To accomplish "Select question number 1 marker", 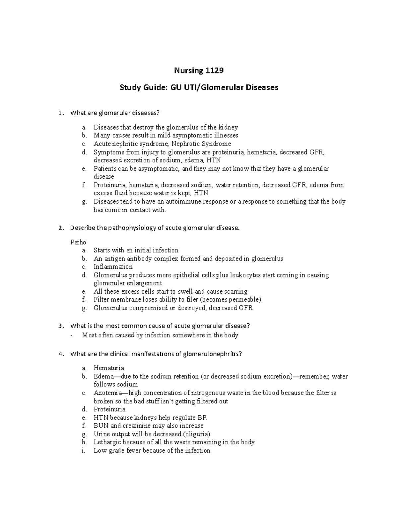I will point(60,113).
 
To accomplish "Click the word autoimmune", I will point(183,202).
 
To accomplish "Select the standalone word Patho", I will point(78,242).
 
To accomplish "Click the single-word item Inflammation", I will point(113,267).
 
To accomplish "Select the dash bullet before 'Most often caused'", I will point(72,336).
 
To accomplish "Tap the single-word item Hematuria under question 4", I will point(109,368).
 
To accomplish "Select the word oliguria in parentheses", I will point(197,434).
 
